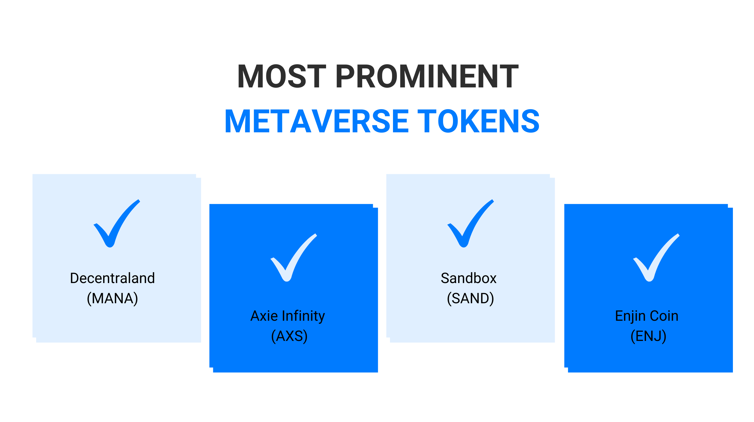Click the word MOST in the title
click(x=282, y=76)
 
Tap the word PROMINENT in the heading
click(x=427, y=76)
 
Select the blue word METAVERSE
click(x=317, y=121)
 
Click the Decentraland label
click(x=112, y=278)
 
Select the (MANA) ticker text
click(x=112, y=299)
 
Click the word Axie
click(x=264, y=316)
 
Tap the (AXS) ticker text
click(x=290, y=336)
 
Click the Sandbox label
click(x=469, y=278)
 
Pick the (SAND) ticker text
click(x=470, y=299)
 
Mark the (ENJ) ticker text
click(x=648, y=336)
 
